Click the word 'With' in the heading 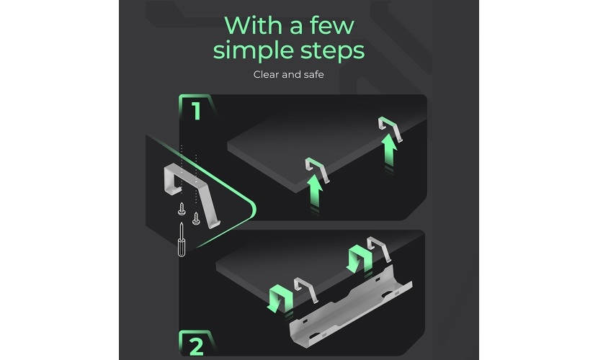(x=252, y=26)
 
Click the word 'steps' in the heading (x=332, y=51)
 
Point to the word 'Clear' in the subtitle (x=266, y=74)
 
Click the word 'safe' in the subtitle (x=314, y=74)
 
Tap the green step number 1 (x=197, y=111)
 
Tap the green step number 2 (x=197, y=346)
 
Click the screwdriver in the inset (x=182, y=240)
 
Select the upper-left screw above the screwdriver (x=182, y=209)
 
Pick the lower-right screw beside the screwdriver (x=196, y=218)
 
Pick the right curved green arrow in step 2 (x=360, y=258)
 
